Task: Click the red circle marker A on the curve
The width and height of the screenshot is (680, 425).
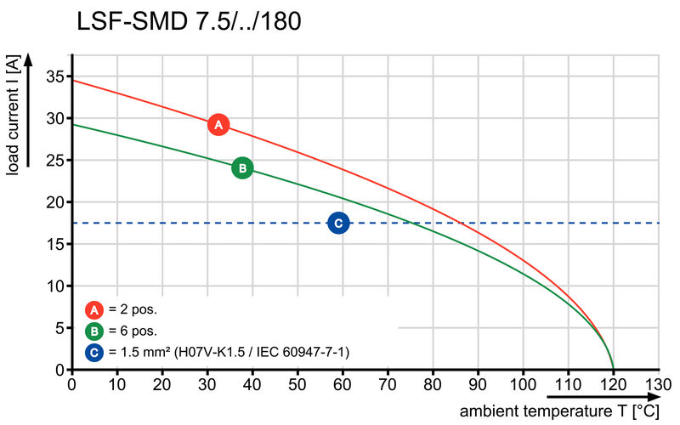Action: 218,125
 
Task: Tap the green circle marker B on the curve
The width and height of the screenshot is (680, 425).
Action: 242,168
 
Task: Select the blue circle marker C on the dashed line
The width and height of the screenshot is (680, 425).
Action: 338,223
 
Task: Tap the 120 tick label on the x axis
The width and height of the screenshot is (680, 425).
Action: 613,385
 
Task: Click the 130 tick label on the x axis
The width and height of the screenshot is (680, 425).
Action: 657,385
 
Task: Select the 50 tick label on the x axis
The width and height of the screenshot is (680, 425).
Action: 297,385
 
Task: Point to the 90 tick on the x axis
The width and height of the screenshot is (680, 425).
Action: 478,385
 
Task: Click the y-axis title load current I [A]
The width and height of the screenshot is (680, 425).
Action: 12,116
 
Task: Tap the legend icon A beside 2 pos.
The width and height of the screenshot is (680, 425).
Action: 94,310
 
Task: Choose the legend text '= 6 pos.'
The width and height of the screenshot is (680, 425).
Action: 133,331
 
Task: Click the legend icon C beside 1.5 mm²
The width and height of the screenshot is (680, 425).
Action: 94,351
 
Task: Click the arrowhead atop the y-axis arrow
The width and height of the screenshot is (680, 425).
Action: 29,59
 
